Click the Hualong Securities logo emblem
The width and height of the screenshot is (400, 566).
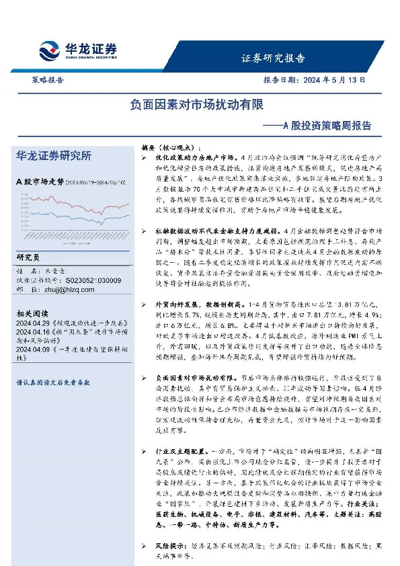coord(49,51)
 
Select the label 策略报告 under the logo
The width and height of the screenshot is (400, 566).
coord(48,79)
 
